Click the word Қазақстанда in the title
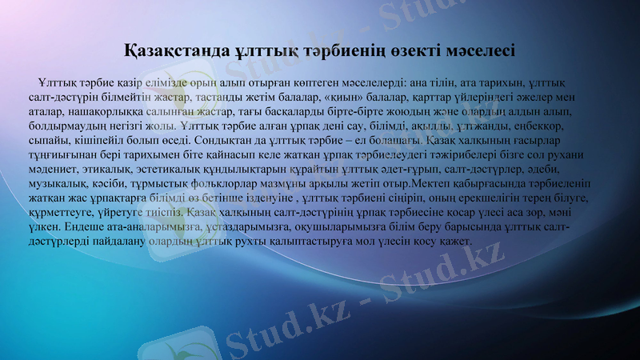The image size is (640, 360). (170, 50)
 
